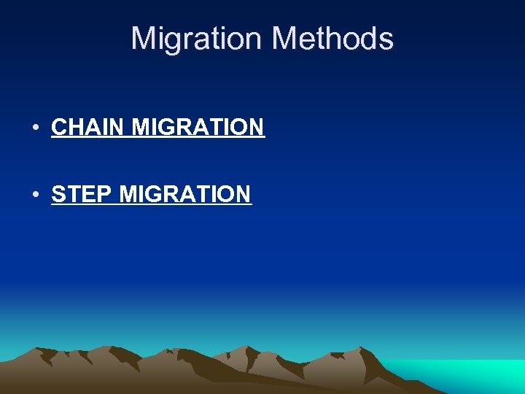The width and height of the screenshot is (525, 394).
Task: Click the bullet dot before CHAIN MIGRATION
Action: (x=36, y=128)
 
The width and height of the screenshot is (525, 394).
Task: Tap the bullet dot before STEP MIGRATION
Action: (x=36, y=196)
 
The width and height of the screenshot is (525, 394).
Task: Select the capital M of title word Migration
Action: (x=144, y=39)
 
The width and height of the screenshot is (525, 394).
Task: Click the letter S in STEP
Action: (x=58, y=195)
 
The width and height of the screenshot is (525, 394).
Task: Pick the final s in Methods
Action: (x=386, y=41)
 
